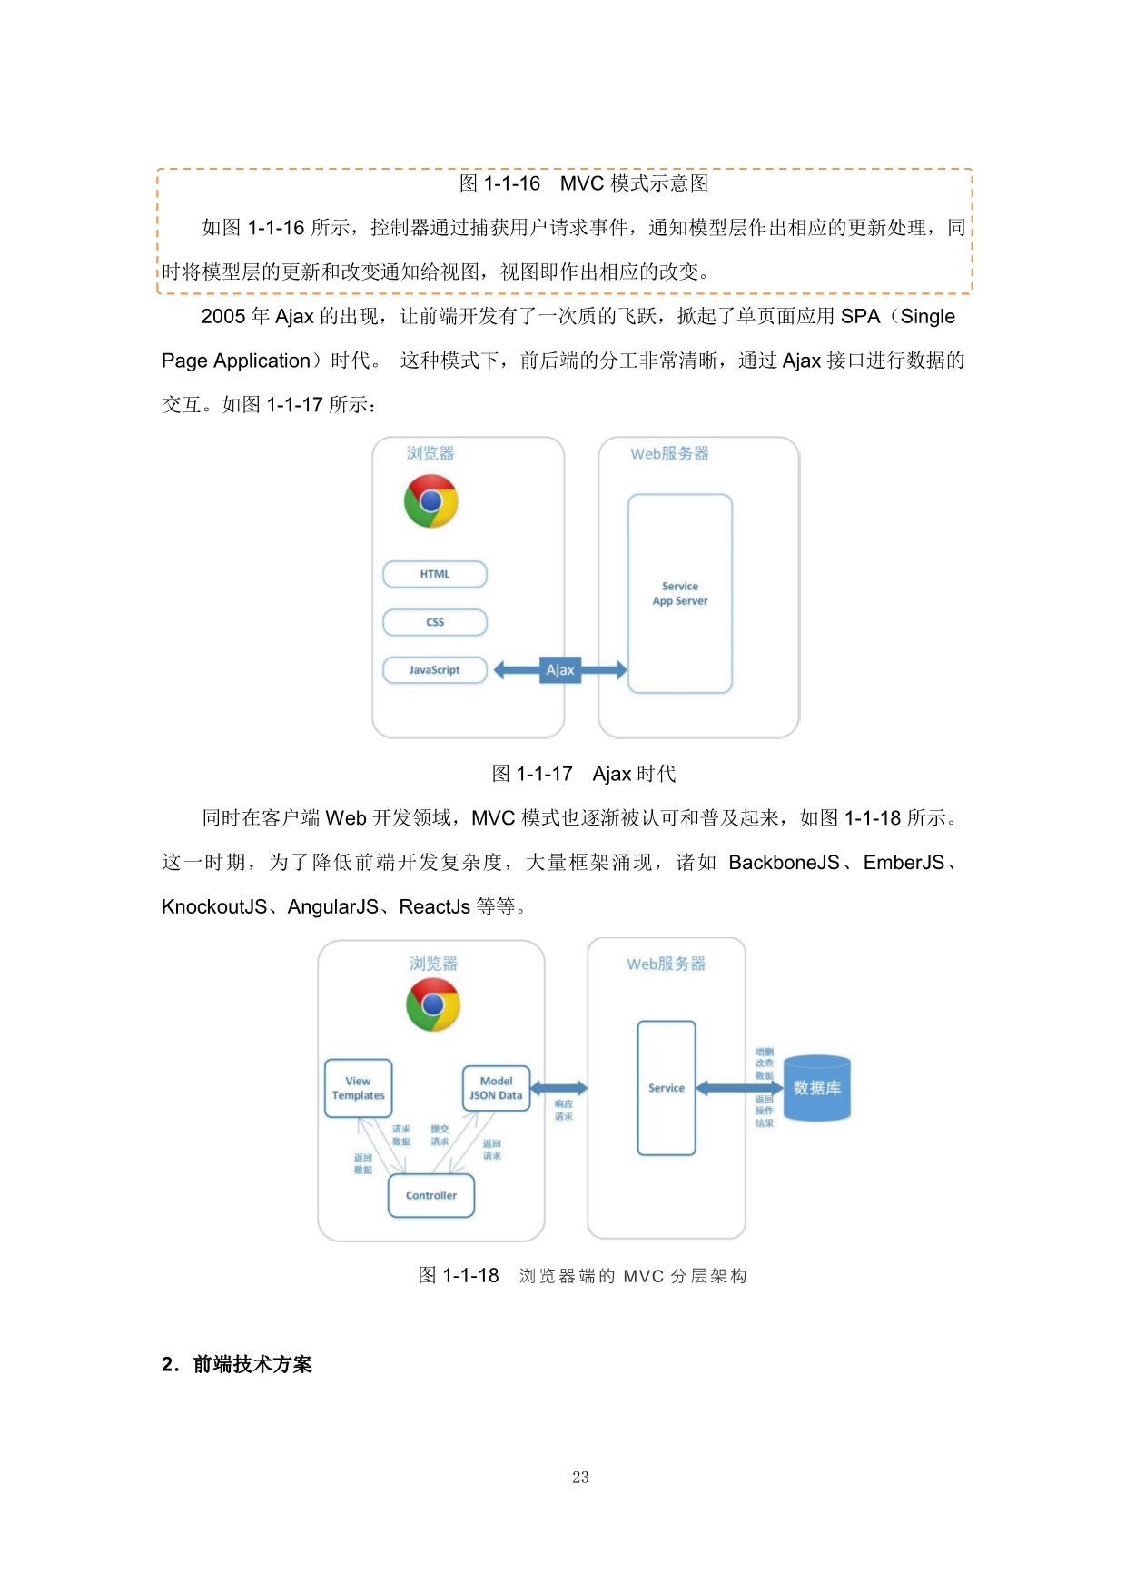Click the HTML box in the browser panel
(x=435, y=574)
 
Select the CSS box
(x=435, y=622)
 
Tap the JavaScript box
(x=435, y=670)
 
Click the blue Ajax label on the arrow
(x=560, y=670)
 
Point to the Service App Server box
(x=680, y=594)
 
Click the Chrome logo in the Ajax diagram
(x=431, y=501)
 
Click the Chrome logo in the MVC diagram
(x=433, y=1004)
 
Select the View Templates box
(x=359, y=1088)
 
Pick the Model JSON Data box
(x=496, y=1088)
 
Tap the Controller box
(x=431, y=1195)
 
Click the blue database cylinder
(x=816, y=1088)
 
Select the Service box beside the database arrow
(x=667, y=1088)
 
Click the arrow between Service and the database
(x=738, y=1088)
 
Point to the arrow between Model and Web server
(x=558, y=1088)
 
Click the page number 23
(x=581, y=1478)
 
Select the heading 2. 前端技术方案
(x=237, y=1364)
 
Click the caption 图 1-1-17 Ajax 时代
(x=584, y=774)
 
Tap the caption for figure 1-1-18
(x=583, y=1276)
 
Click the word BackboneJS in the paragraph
(x=784, y=863)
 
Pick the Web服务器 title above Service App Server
(x=669, y=453)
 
